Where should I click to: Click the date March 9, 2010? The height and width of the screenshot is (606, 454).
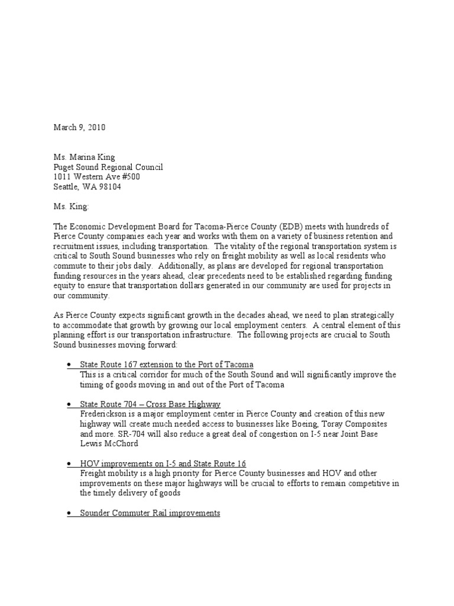[80, 127]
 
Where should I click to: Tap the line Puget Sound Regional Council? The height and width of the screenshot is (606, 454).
[108, 167]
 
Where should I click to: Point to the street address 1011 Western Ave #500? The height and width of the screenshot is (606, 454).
[97, 177]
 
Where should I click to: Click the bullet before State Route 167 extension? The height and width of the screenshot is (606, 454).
[70, 365]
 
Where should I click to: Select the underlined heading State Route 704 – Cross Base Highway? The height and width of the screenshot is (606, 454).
[151, 404]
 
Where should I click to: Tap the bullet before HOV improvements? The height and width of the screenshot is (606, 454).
[70, 463]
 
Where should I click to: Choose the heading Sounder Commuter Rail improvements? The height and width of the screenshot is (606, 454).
[150, 513]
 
